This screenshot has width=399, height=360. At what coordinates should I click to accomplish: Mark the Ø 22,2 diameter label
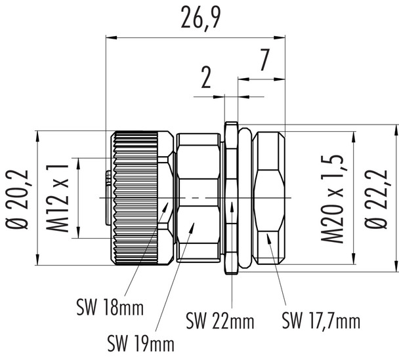coord(377,197)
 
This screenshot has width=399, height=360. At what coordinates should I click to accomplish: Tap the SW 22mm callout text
coord(219,321)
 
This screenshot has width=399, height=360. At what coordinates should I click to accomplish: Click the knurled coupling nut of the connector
coord(135,197)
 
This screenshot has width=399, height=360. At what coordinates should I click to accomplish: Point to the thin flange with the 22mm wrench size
coord(230,197)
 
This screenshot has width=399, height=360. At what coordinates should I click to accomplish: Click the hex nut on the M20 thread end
coord(270,197)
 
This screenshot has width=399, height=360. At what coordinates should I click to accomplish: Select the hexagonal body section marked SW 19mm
coord(196,197)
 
